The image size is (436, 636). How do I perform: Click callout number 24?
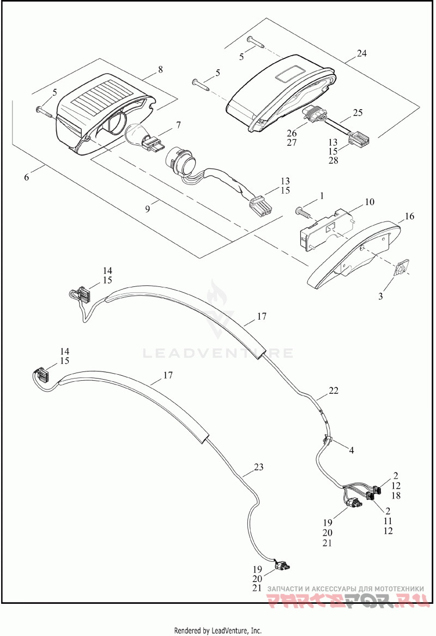point(362,53)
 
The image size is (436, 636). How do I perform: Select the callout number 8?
point(160,70)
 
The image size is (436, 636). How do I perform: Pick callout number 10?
point(370,202)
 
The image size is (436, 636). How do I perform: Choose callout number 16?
point(409,217)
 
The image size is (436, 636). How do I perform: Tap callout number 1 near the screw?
point(322,195)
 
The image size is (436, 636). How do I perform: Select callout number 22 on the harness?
point(334,391)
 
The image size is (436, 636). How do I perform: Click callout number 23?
point(258,467)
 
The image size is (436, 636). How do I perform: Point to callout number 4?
point(352,451)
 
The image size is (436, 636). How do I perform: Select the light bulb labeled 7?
point(139,135)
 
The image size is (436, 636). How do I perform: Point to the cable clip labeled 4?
point(329,438)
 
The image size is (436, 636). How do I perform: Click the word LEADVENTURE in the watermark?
point(218,353)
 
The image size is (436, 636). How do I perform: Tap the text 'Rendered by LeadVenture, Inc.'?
point(218,631)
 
